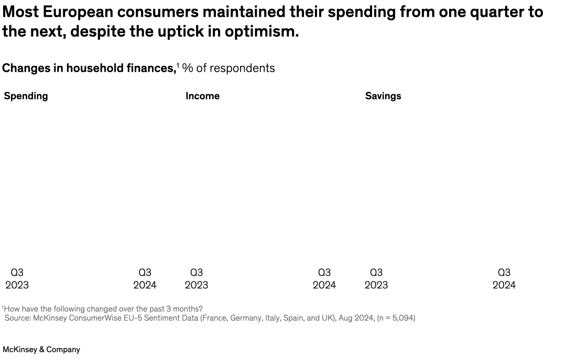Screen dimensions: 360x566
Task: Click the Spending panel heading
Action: [26, 96]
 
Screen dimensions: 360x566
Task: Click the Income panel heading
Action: [202, 96]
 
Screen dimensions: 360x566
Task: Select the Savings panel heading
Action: [383, 96]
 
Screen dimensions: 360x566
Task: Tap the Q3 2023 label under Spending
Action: [17, 279]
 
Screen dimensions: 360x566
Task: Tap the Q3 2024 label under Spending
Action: [145, 279]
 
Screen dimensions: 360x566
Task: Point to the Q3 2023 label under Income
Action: [197, 279]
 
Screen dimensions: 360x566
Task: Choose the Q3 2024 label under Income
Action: [324, 279]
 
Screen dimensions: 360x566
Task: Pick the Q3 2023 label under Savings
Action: [376, 279]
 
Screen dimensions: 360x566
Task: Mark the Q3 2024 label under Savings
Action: [504, 279]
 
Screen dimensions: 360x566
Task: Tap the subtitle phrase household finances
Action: [121, 68]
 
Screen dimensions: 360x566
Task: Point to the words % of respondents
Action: [228, 68]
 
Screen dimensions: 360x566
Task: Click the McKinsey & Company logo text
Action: [41, 350]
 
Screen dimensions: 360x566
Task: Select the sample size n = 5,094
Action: [394, 318]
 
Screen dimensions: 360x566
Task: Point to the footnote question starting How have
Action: [103, 309]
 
